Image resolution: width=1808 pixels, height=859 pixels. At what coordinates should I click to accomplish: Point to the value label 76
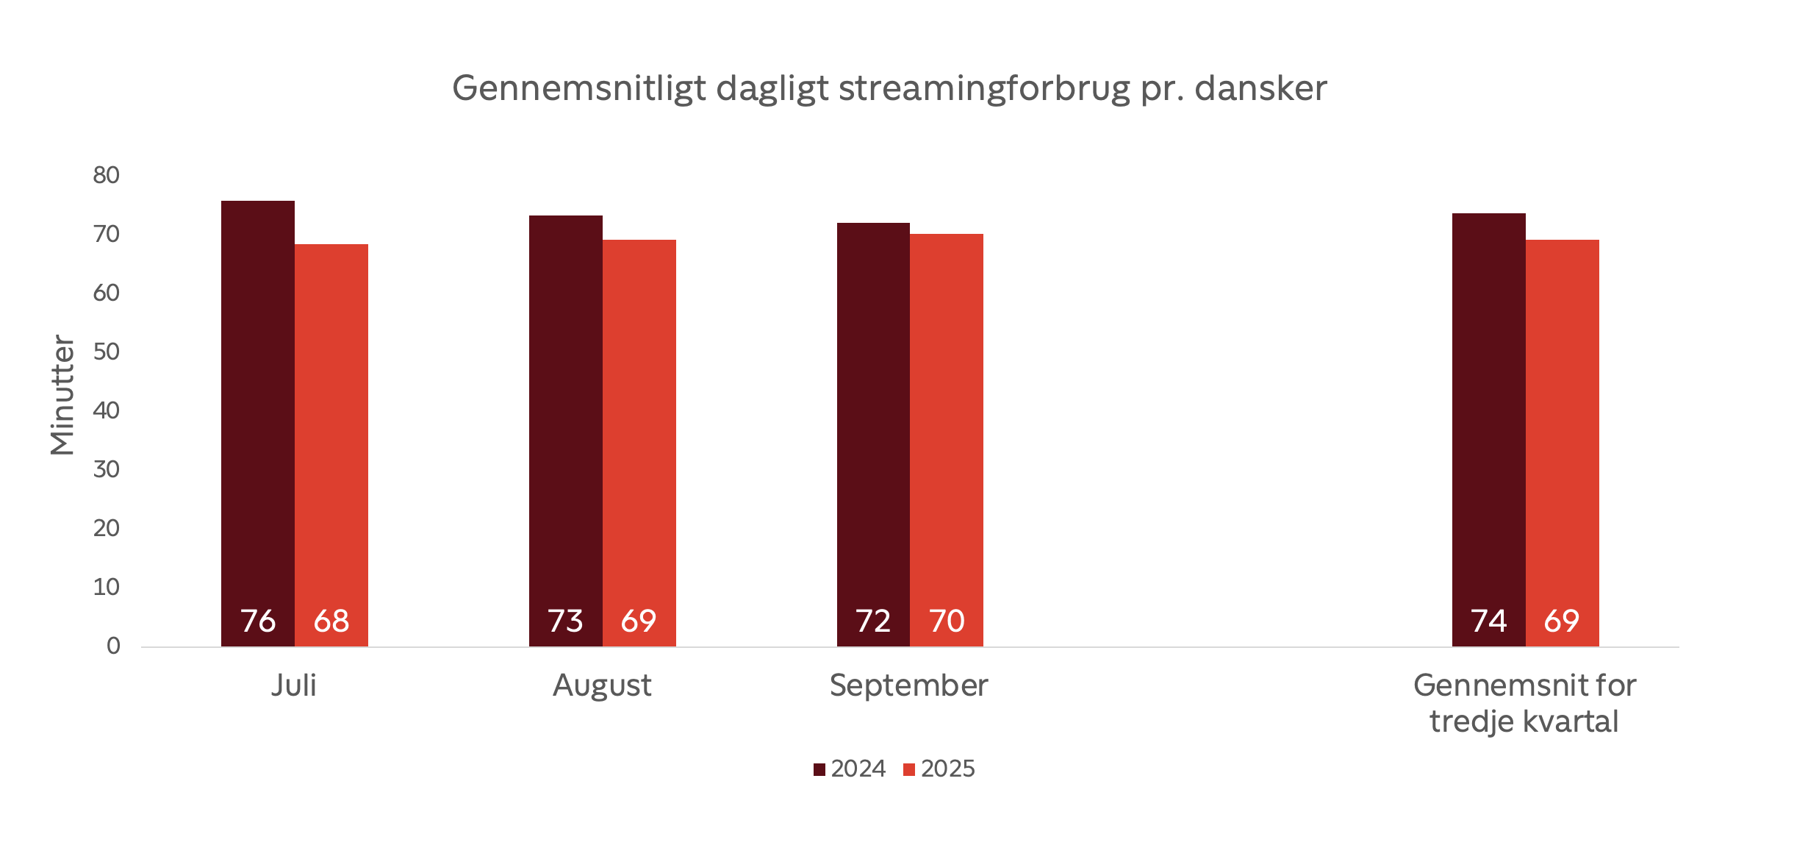[258, 621]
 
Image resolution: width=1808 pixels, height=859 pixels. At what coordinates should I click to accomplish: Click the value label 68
[331, 621]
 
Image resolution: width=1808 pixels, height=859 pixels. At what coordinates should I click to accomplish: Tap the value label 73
[566, 621]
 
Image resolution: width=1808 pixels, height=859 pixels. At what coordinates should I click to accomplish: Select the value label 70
[947, 621]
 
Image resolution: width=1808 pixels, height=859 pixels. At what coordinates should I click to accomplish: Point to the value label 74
[1489, 621]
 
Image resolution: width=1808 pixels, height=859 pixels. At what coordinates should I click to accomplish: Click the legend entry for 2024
[850, 769]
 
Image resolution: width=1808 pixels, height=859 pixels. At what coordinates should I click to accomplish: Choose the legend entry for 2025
[939, 769]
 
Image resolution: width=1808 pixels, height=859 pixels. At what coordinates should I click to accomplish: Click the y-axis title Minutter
[62, 395]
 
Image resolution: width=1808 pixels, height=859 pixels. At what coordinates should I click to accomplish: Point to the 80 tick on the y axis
[107, 175]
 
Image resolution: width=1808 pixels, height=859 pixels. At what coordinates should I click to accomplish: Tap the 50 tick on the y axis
[107, 352]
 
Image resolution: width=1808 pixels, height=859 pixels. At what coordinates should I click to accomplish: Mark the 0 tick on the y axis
[113, 646]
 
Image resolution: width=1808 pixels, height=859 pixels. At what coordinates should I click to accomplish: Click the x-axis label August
[602, 685]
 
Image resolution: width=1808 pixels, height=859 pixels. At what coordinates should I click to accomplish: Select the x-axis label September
[909, 685]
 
